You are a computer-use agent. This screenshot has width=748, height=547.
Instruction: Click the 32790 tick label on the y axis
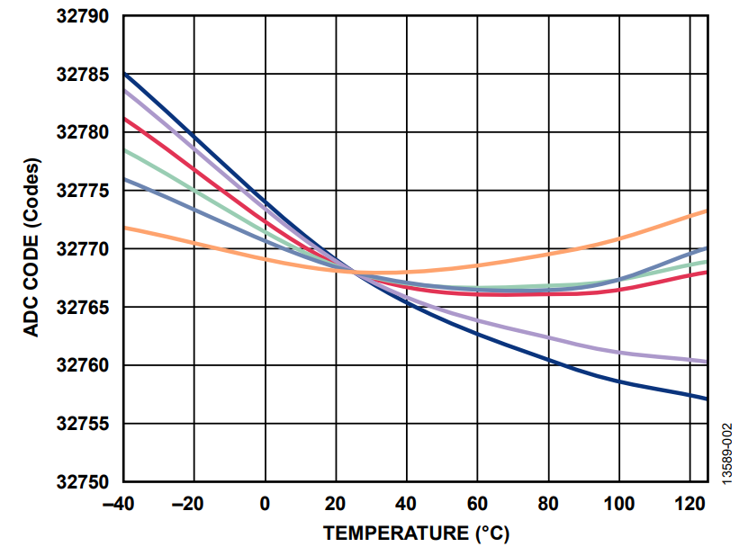click(x=82, y=17)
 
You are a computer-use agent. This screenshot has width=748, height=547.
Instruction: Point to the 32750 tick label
click(x=82, y=482)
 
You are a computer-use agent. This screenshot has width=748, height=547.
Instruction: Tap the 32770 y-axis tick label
click(x=82, y=249)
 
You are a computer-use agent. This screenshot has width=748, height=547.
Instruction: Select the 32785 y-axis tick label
click(x=82, y=75)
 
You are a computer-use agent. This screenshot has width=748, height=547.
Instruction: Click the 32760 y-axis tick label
click(x=82, y=366)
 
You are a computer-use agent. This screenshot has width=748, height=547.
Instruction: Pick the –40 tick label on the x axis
click(x=122, y=504)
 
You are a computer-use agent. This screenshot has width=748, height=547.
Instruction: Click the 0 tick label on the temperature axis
click(x=265, y=504)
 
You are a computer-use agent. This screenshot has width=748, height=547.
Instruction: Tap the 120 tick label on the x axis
click(x=689, y=504)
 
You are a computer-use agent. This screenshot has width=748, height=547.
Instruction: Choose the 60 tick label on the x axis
click(x=477, y=504)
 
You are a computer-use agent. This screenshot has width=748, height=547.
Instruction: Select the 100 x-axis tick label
click(x=618, y=504)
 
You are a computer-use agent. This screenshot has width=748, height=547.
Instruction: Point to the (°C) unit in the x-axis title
click(x=491, y=533)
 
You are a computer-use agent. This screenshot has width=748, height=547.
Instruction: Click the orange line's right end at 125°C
click(x=707, y=211)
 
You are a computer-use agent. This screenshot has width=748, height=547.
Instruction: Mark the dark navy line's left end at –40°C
click(x=124, y=74)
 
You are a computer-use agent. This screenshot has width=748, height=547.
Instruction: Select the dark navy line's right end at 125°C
click(x=707, y=399)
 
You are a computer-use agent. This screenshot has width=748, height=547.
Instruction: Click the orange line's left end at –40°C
click(x=124, y=228)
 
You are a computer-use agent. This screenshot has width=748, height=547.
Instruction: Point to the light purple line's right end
click(x=707, y=362)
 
